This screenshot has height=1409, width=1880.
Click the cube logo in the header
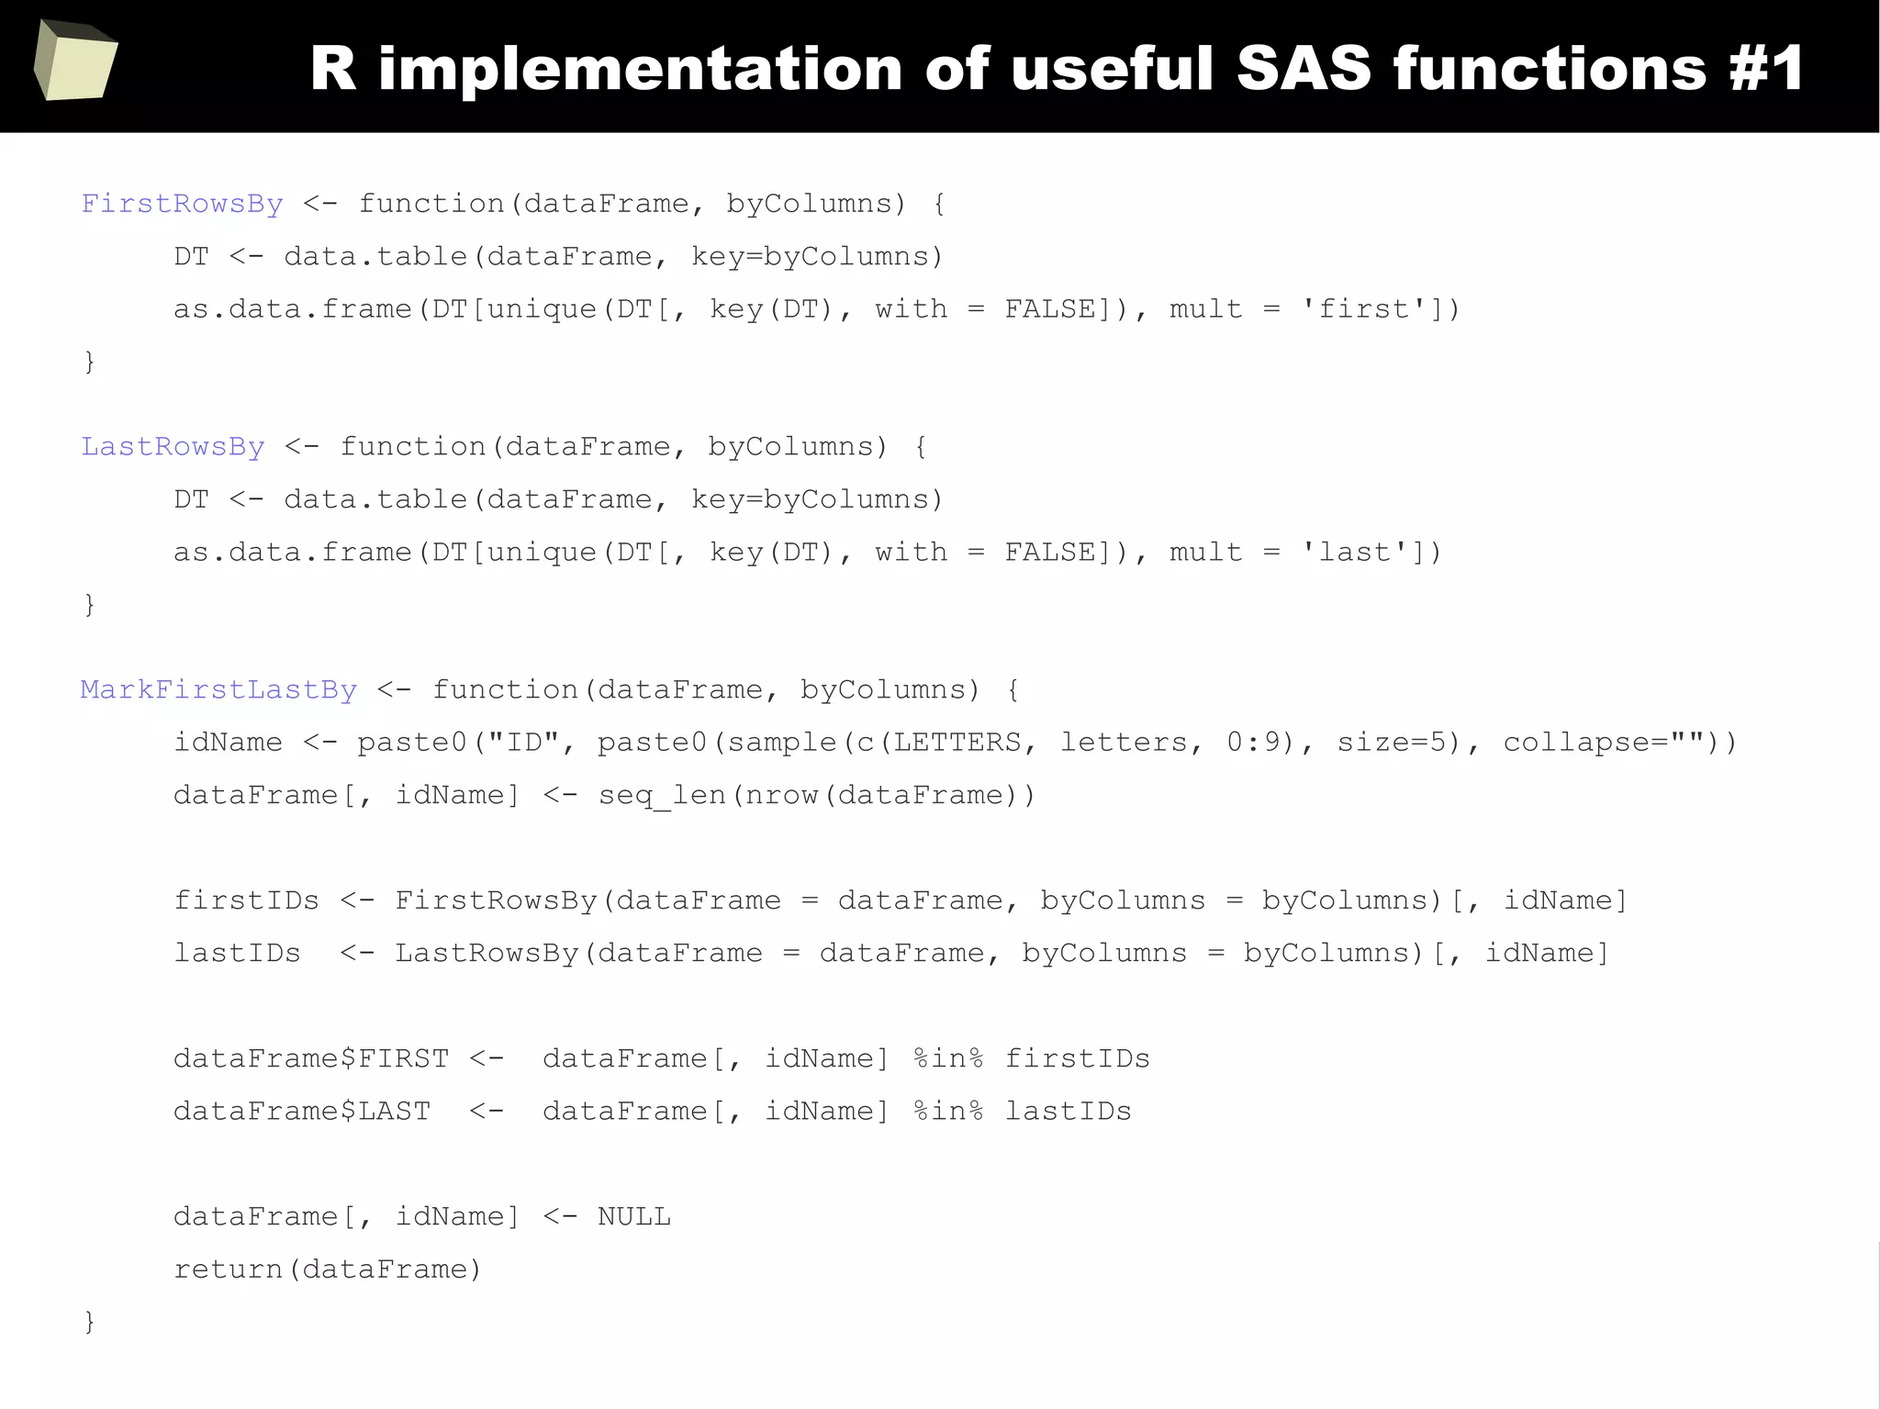(75, 61)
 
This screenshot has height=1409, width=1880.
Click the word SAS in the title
(1304, 69)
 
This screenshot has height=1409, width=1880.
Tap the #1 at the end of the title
(1767, 69)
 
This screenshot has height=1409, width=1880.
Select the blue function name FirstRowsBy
(182, 204)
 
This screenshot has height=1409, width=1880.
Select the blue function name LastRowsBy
(173, 447)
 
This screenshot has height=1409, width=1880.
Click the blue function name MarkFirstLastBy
(218, 690)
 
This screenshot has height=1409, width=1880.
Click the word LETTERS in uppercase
(957, 742)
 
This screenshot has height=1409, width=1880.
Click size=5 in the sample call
(1392, 742)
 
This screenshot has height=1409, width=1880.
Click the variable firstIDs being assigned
(246, 900)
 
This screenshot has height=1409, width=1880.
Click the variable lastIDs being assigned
(237, 953)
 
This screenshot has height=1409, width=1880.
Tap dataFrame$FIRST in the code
(311, 1058)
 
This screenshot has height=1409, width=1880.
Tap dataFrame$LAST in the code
(302, 1112)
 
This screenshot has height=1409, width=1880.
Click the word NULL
(634, 1217)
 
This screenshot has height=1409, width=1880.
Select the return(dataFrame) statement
(327, 1269)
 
